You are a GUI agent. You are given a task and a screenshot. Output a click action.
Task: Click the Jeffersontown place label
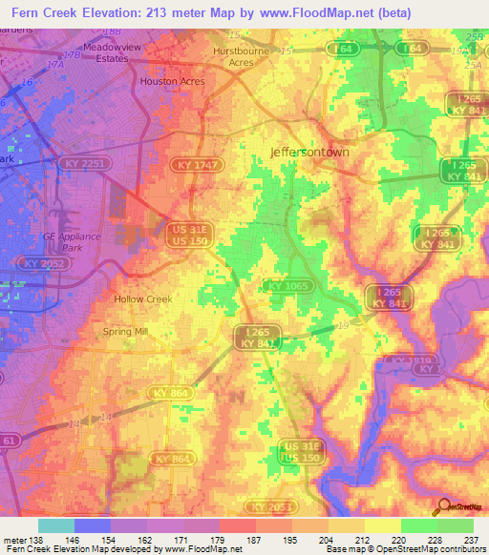click(310, 152)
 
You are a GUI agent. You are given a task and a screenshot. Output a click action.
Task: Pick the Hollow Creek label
click(143, 298)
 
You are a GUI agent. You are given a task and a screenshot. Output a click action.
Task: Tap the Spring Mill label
click(126, 332)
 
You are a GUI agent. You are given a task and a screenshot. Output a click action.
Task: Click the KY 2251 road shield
click(84, 165)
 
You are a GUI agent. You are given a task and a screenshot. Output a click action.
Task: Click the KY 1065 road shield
click(287, 285)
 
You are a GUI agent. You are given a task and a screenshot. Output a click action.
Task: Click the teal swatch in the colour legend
click(56, 525)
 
